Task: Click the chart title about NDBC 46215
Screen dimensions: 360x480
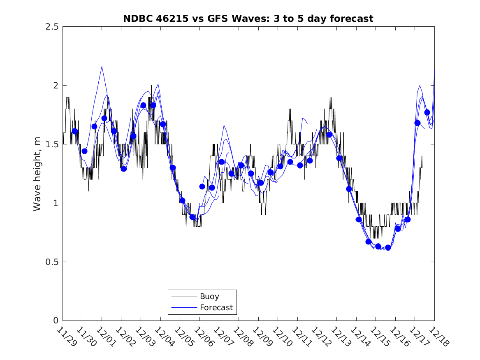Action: pyautogui.click(x=248, y=19)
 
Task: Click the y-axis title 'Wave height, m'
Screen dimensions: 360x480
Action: pyautogui.click(x=37, y=174)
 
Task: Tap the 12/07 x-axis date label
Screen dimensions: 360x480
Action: pyautogui.click(x=222, y=337)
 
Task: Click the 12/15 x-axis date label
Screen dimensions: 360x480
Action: pyautogui.click(x=378, y=337)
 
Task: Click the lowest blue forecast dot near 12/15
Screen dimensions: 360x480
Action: pyautogui.click(x=388, y=248)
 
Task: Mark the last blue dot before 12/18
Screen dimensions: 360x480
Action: pyautogui.click(x=427, y=112)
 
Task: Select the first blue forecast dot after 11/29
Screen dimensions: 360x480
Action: pyautogui.click(x=75, y=131)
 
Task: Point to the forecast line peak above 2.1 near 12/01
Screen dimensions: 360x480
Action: pyautogui.click(x=102, y=66)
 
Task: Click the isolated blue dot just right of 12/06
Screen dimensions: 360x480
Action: pyautogui.click(x=202, y=186)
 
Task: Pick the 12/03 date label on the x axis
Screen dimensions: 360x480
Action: pyautogui.click(x=144, y=337)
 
